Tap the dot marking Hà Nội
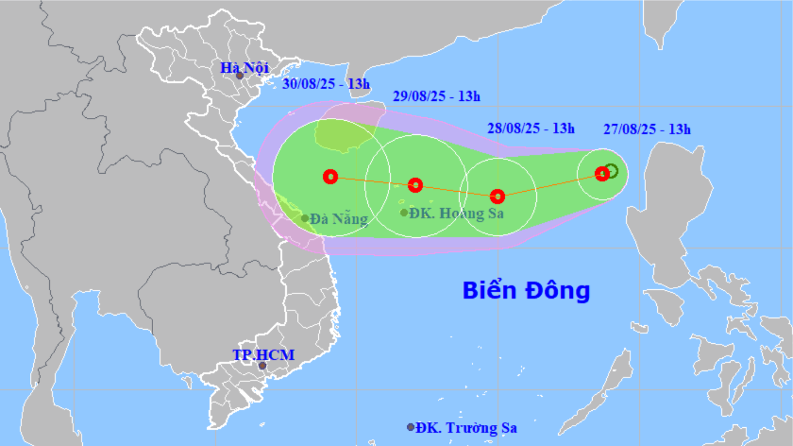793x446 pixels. click(x=240, y=76)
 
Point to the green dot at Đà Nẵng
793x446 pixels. click(x=305, y=218)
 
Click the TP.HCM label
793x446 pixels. click(x=263, y=354)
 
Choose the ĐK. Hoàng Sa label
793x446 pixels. click(x=458, y=214)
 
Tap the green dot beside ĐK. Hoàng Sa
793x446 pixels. click(x=404, y=213)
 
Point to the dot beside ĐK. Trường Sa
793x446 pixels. click(x=411, y=427)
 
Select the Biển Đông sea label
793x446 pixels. click(x=526, y=290)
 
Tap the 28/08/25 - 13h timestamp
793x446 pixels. click(x=531, y=129)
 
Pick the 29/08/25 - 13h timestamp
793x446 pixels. click(x=437, y=96)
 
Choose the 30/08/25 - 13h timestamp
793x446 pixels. click(x=326, y=83)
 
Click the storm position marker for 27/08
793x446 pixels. click(x=601, y=173)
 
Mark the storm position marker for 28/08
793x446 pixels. click(x=498, y=197)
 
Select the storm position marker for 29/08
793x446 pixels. click(x=414, y=185)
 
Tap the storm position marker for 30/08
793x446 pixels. click(x=329, y=176)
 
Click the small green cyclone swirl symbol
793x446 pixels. click(x=611, y=171)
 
